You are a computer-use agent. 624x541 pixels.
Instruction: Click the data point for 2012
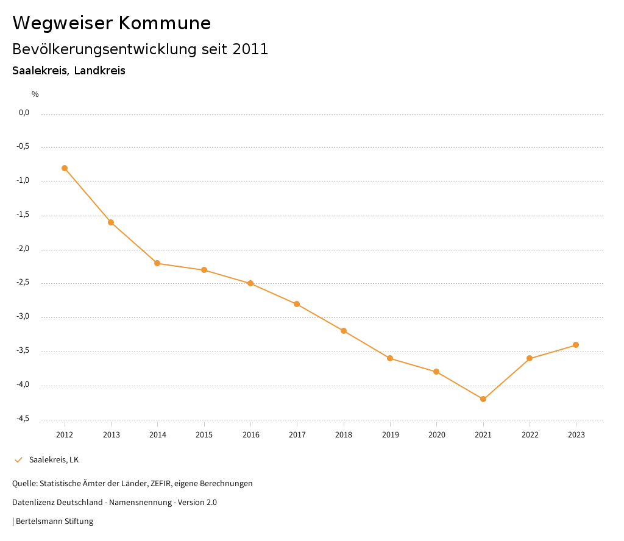[65, 168]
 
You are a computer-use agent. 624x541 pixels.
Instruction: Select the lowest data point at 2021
[483, 399]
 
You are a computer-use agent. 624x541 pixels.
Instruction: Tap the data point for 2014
[157, 263]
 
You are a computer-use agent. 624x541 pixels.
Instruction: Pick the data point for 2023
[576, 345]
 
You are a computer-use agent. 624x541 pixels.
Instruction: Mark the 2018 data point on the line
[344, 331]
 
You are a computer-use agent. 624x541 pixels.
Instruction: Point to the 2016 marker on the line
[250, 283]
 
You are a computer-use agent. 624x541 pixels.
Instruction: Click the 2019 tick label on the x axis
[390, 435]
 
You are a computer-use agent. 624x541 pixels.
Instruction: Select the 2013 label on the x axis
[111, 435]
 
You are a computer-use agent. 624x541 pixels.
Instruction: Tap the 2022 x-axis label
[530, 435]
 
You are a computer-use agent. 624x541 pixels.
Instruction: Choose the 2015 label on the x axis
[204, 435]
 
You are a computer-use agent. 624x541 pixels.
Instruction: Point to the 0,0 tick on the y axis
[24, 113]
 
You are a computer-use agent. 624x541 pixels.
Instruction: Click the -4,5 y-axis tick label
[23, 419]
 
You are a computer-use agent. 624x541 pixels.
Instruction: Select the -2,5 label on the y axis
[23, 283]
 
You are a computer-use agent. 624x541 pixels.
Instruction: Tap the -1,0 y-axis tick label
[23, 181]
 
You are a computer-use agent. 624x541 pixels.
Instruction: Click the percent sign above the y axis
[35, 94]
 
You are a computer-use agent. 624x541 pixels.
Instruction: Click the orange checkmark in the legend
[18, 460]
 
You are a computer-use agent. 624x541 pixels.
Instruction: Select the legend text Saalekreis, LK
[54, 460]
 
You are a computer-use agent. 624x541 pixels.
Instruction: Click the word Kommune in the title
[165, 23]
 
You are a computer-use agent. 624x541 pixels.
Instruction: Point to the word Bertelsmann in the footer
[38, 522]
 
